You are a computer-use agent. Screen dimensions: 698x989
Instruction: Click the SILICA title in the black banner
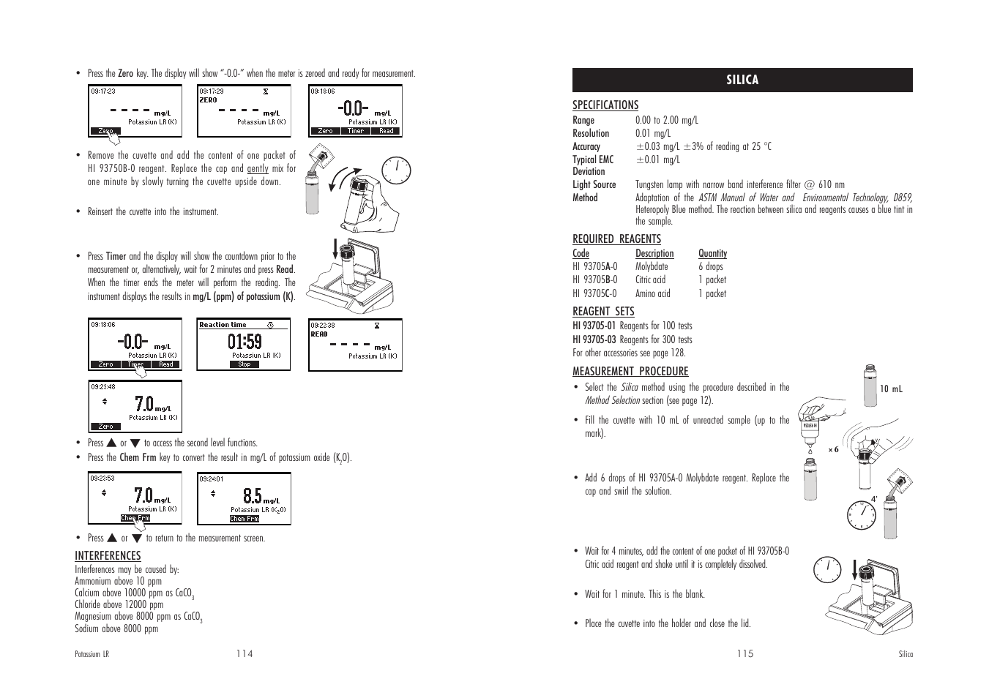(742, 80)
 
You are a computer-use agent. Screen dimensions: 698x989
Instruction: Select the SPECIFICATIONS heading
(605, 105)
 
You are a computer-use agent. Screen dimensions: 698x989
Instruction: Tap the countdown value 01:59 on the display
(245, 342)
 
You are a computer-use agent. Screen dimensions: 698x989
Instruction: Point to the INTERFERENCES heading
(108, 555)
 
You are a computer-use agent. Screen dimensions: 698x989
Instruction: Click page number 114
(245, 653)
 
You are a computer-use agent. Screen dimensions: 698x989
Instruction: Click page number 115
(745, 653)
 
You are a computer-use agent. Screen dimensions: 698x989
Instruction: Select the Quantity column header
(712, 253)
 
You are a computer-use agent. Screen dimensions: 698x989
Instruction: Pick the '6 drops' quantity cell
(710, 266)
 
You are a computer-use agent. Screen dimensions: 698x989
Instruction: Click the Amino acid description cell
(652, 293)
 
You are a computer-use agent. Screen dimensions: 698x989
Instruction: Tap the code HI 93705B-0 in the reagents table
(595, 279)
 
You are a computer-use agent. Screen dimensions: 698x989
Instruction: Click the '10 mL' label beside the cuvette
(891, 389)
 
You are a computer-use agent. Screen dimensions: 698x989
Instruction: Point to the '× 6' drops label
(833, 450)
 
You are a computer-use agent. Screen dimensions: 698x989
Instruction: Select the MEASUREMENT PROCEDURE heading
(630, 371)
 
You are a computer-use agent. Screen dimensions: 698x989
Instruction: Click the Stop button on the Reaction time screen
(245, 364)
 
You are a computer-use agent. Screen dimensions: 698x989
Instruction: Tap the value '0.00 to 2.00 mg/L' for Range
(666, 120)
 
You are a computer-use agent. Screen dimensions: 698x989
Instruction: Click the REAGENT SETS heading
(603, 311)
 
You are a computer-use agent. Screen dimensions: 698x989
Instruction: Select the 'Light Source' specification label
(594, 184)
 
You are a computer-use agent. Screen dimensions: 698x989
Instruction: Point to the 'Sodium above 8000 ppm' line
(116, 628)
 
